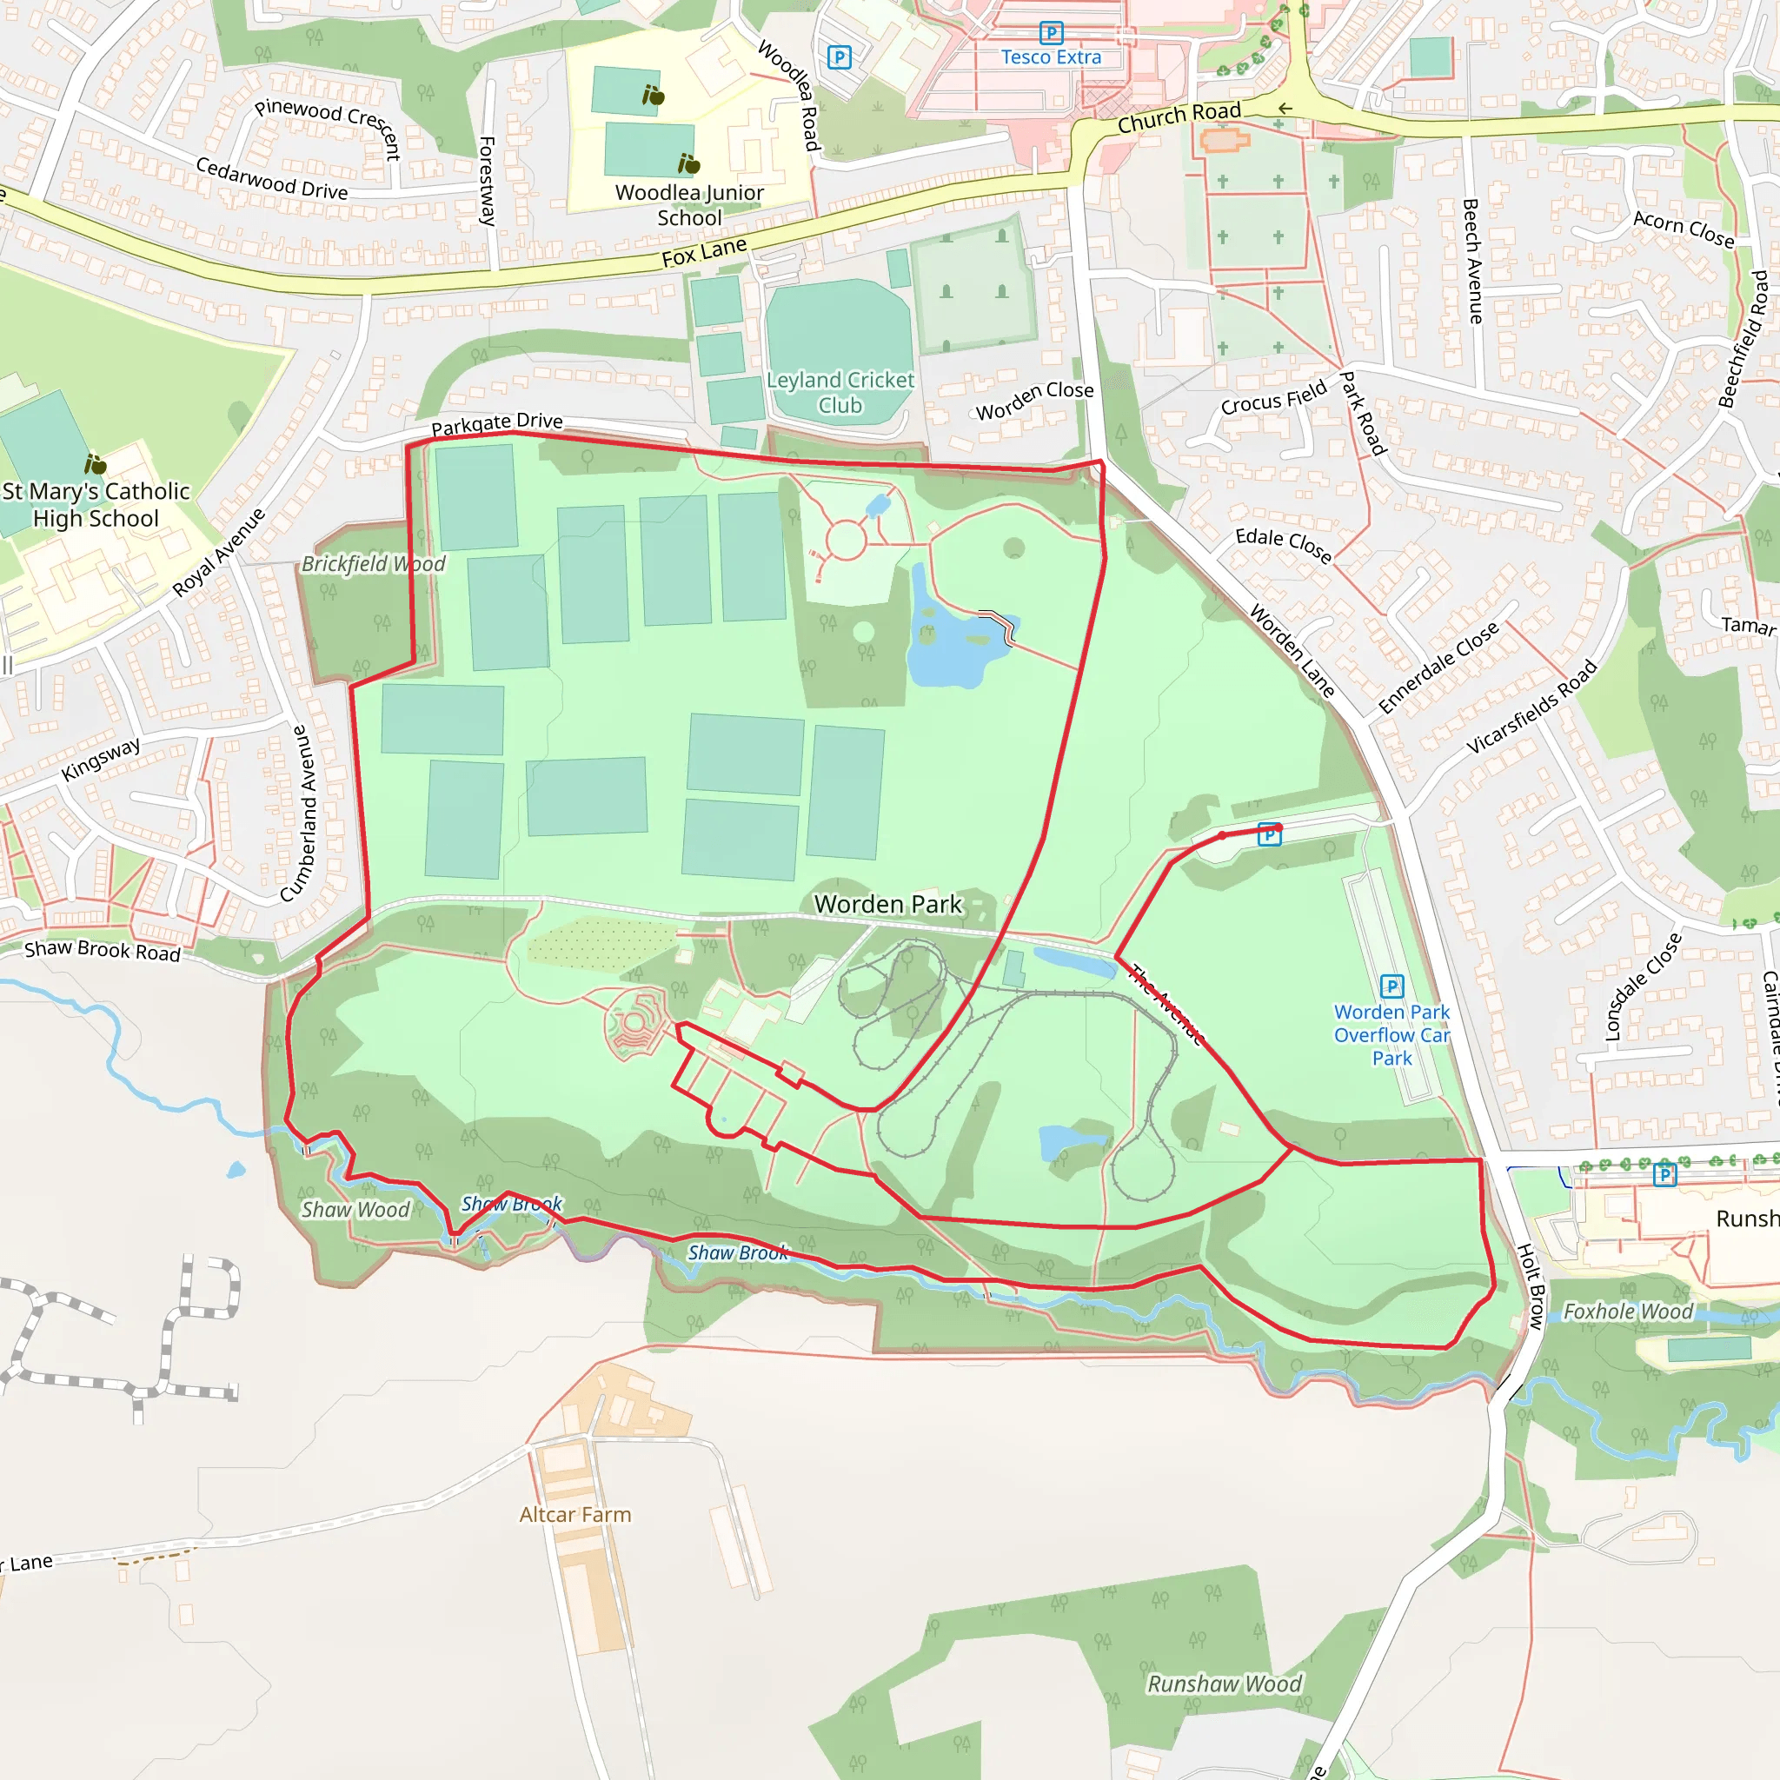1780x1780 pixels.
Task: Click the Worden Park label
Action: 887,904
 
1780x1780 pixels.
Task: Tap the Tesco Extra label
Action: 1052,57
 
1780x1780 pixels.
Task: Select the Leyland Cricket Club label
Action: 840,393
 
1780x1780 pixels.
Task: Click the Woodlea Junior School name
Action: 689,205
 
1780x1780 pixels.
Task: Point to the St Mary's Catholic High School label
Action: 96,505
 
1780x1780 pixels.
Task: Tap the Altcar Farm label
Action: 575,1515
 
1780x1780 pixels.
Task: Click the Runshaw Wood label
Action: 1225,1684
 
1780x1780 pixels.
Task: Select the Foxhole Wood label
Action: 1628,1312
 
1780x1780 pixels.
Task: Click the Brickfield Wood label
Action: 373,564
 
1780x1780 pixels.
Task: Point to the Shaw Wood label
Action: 355,1211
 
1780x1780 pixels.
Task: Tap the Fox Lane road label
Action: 704,252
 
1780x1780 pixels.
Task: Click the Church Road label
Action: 1179,117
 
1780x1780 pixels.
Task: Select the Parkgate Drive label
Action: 496,424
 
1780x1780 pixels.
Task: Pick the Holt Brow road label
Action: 1531,1286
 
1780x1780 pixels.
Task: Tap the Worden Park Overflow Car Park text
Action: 1391,1034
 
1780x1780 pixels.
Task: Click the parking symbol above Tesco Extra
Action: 1052,32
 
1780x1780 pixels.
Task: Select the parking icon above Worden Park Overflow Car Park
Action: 1392,986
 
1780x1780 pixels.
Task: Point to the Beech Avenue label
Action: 1472,261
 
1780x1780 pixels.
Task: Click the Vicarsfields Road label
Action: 1531,707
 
